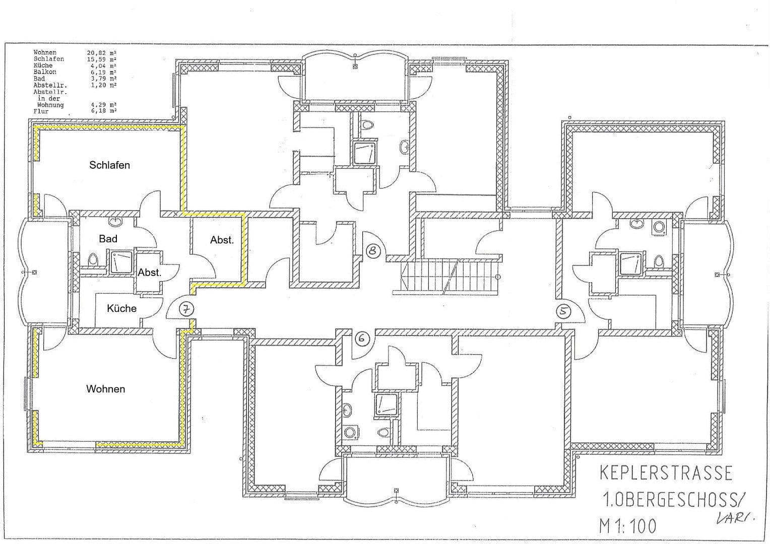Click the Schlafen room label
click(x=109, y=165)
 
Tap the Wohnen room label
click(x=105, y=389)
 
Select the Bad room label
click(x=108, y=239)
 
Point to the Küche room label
click(x=121, y=308)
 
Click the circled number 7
click(x=186, y=309)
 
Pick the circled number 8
click(x=373, y=250)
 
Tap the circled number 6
click(x=362, y=338)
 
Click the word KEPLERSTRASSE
click(x=665, y=473)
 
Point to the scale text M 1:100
click(x=628, y=525)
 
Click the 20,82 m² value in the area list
click(x=102, y=52)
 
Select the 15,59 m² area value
click(x=102, y=59)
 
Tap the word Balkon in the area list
click(x=45, y=72)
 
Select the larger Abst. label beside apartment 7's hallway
click(x=222, y=240)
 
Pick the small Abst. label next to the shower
click(x=149, y=273)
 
